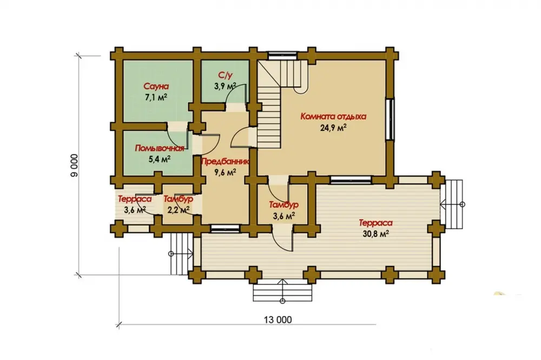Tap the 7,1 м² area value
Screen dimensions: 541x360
click(156, 97)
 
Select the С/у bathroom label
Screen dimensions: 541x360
click(223, 75)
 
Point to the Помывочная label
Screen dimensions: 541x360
click(159, 148)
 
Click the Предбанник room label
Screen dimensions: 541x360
click(225, 161)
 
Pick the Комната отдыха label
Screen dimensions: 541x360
click(333, 116)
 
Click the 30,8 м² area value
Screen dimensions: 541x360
click(376, 234)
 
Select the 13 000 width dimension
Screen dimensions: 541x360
click(278, 319)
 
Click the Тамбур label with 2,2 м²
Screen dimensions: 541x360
click(178, 199)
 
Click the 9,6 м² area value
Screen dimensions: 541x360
click(225, 172)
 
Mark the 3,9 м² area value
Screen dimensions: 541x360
click(225, 86)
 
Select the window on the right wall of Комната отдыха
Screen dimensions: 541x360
click(390, 119)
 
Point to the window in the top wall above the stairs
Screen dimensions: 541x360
click(283, 56)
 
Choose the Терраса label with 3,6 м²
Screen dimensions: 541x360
click(135, 199)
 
